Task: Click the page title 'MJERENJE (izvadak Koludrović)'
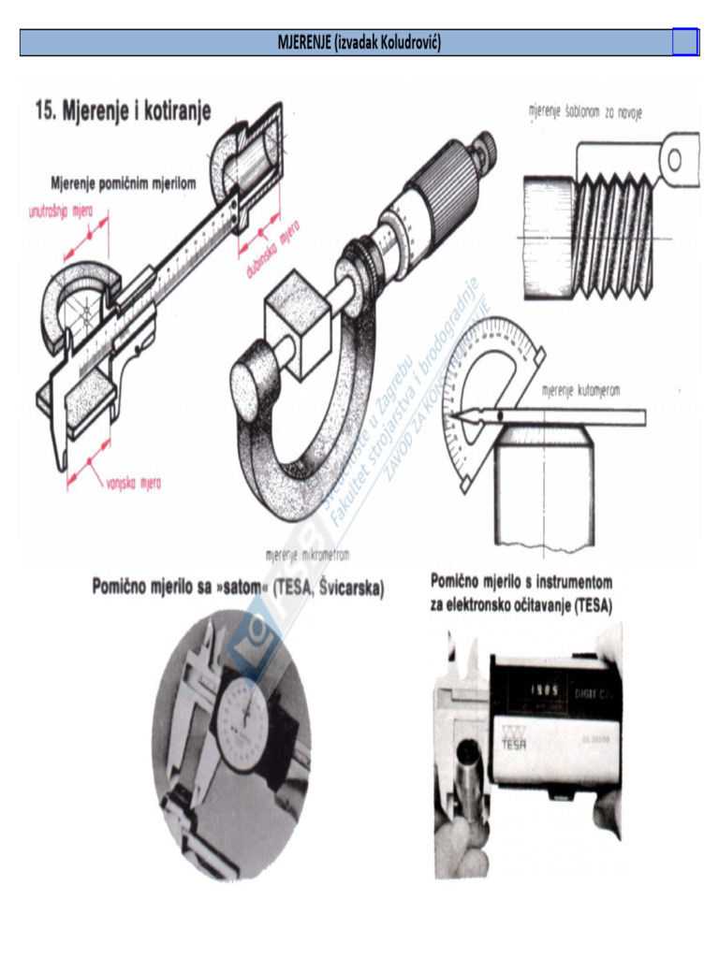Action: click(x=359, y=42)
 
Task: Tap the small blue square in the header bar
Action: click(x=684, y=42)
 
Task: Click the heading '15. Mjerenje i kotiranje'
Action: click(x=123, y=111)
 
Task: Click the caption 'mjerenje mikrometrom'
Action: click(x=308, y=554)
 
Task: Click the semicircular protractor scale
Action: click(x=487, y=374)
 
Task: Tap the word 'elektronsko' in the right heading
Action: click(x=491, y=605)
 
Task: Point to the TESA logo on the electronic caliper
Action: click(x=514, y=739)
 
